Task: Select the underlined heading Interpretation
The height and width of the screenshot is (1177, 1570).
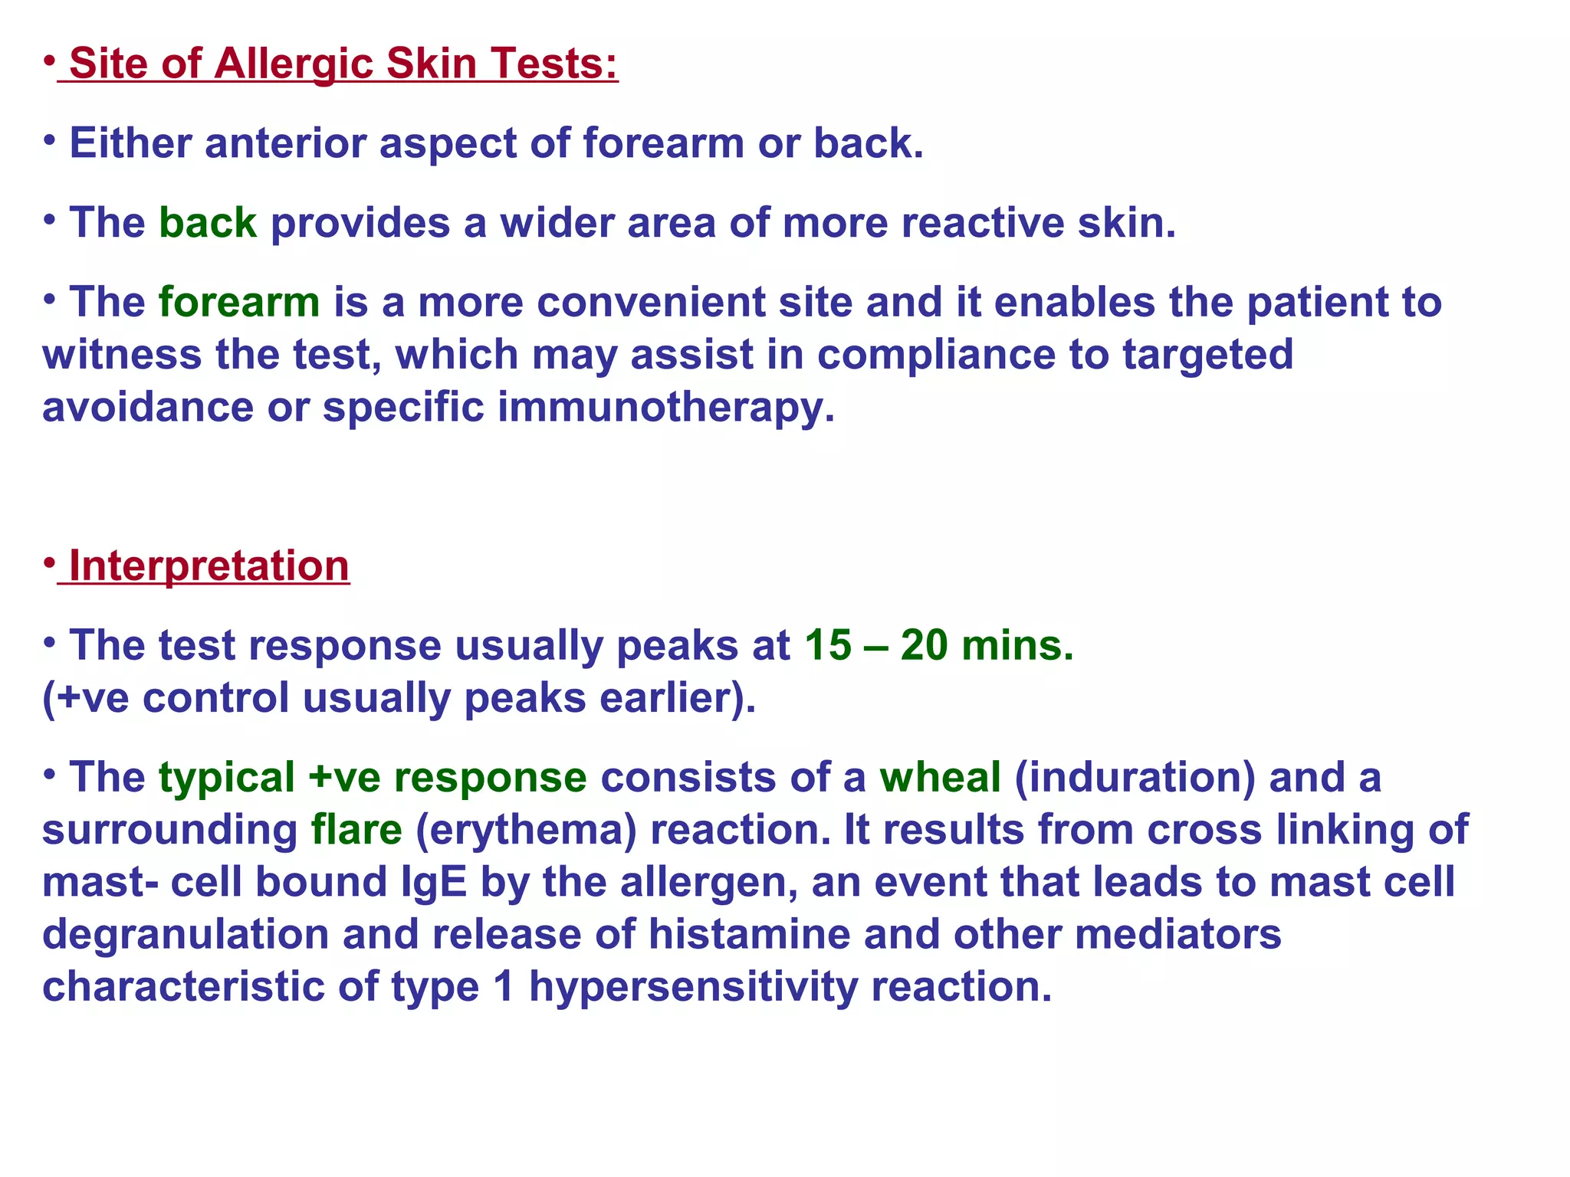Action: pyautogui.click(x=209, y=566)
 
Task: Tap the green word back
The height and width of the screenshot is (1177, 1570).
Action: pyautogui.click(x=207, y=223)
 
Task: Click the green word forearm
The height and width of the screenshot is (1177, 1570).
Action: pyautogui.click(x=239, y=303)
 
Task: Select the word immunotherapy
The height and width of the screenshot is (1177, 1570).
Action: pyautogui.click(x=665, y=407)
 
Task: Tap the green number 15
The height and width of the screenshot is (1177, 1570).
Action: pyautogui.click(x=827, y=645)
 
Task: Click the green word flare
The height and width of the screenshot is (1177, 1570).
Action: pyautogui.click(x=356, y=830)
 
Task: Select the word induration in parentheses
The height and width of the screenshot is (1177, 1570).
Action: pyautogui.click(x=1135, y=778)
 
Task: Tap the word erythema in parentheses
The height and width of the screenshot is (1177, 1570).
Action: pyautogui.click(x=526, y=830)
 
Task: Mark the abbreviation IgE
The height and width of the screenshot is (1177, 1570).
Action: pyautogui.click(x=434, y=882)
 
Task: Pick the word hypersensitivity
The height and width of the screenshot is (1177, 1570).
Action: pyautogui.click(x=693, y=987)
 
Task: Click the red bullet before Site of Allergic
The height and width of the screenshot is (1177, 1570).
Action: pyautogui.click(x=48, y=60)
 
